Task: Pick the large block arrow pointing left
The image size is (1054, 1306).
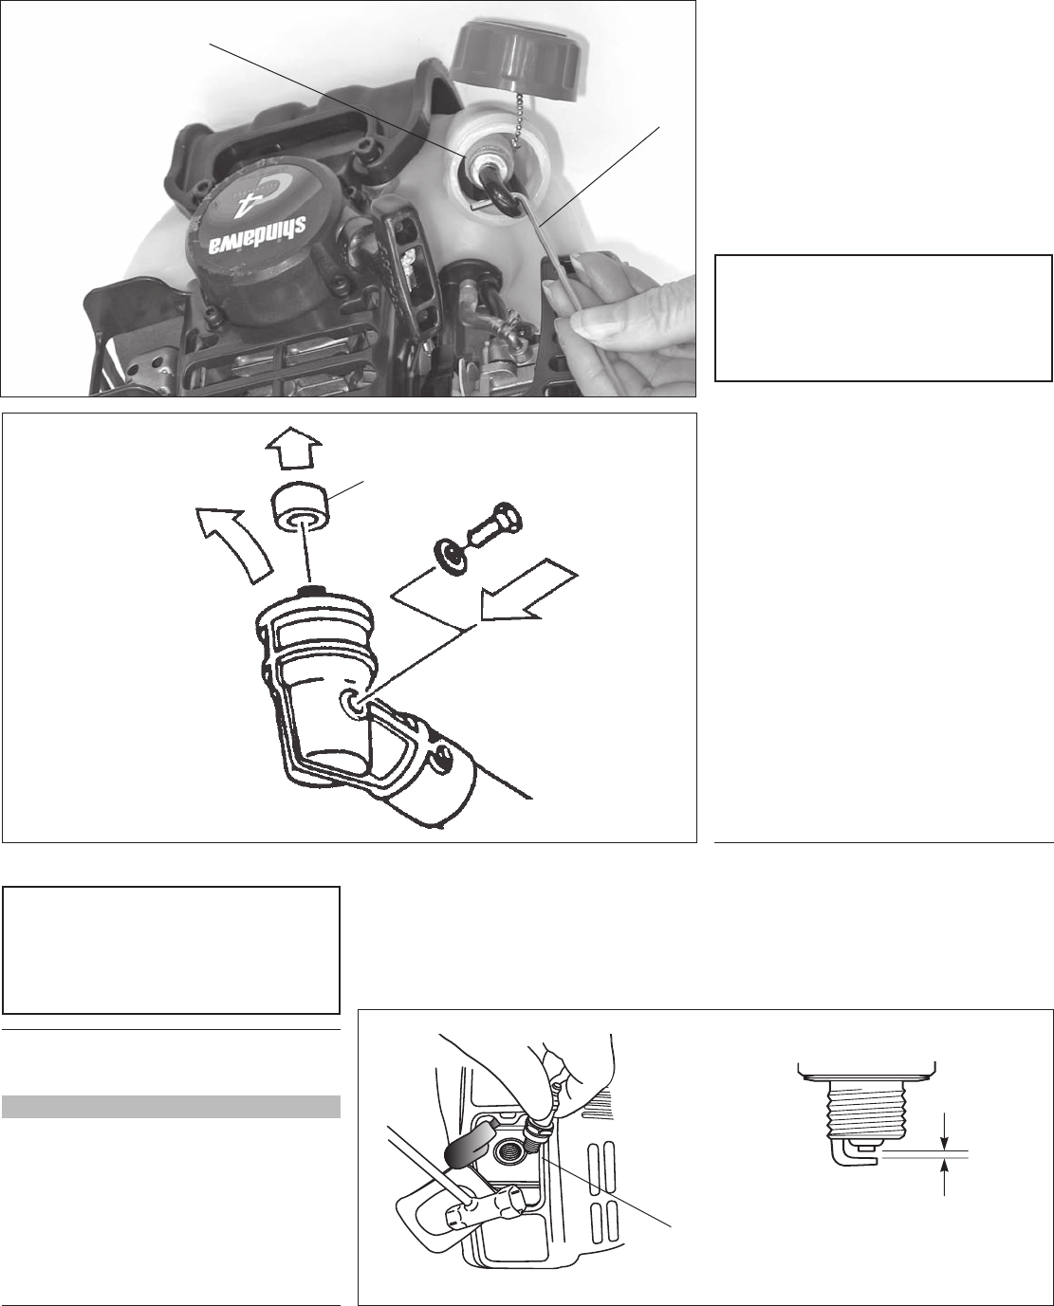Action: tap(527, 598)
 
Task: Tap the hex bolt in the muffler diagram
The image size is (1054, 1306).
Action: tap(495, 522)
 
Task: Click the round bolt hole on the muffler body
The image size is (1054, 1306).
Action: tap(354, 701)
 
